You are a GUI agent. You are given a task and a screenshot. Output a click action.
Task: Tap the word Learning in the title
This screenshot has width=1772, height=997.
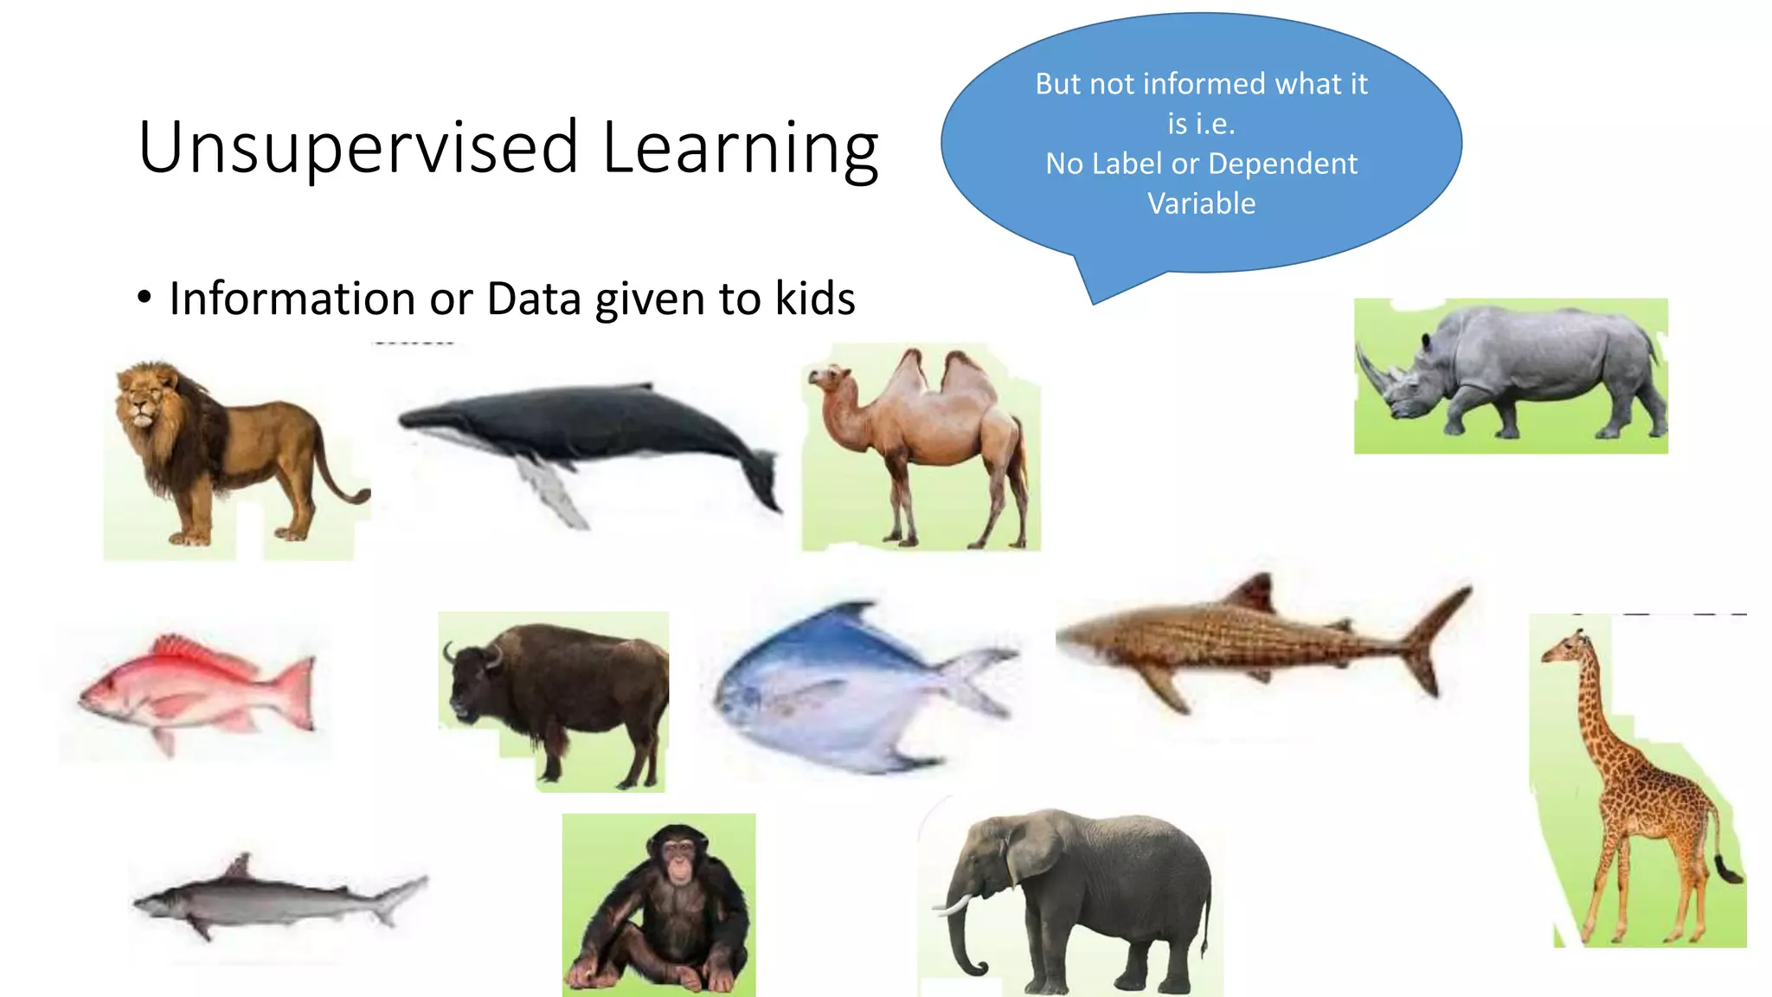coord(740,149)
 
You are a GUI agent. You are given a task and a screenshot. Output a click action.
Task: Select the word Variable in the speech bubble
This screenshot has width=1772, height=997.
coord(1201,203)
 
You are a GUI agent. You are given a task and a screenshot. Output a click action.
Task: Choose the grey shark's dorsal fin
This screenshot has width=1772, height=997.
coord(239,865)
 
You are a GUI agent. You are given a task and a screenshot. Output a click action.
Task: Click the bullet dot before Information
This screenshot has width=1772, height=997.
coord(144,299)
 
